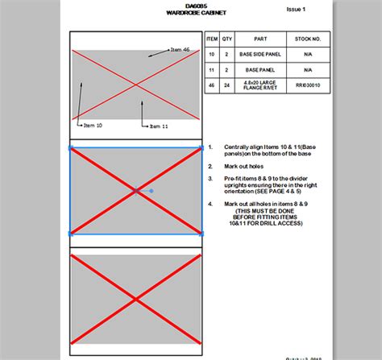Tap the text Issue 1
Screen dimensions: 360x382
pos(297,10)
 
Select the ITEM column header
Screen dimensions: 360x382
pos(212,39)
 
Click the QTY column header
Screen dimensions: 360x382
pos(227,39)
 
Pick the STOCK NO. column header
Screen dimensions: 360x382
pos(308,39)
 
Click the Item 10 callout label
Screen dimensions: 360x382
pos(93,126)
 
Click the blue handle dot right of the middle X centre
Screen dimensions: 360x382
pos(152,191)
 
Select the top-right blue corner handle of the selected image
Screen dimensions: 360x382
pos(201,148)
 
